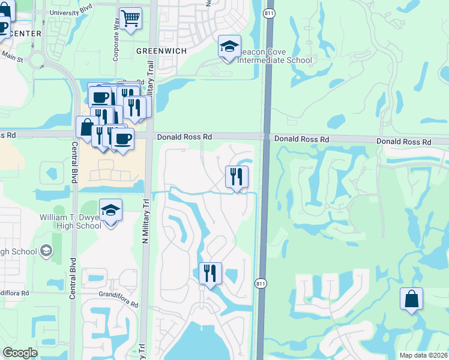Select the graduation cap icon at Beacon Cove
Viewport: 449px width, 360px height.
(229, 47)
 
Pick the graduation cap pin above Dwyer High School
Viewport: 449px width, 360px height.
(110, 210)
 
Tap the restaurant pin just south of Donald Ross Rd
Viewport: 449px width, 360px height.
(237, 176)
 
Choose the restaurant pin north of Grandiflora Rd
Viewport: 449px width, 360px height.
(210, 273)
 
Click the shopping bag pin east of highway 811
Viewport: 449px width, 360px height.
(411, 298)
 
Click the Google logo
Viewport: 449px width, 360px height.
(20, 353)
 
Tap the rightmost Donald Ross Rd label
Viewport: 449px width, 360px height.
(404, 142)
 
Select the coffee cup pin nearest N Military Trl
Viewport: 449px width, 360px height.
(123, 139)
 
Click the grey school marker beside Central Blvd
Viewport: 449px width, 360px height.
(46, 251)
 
